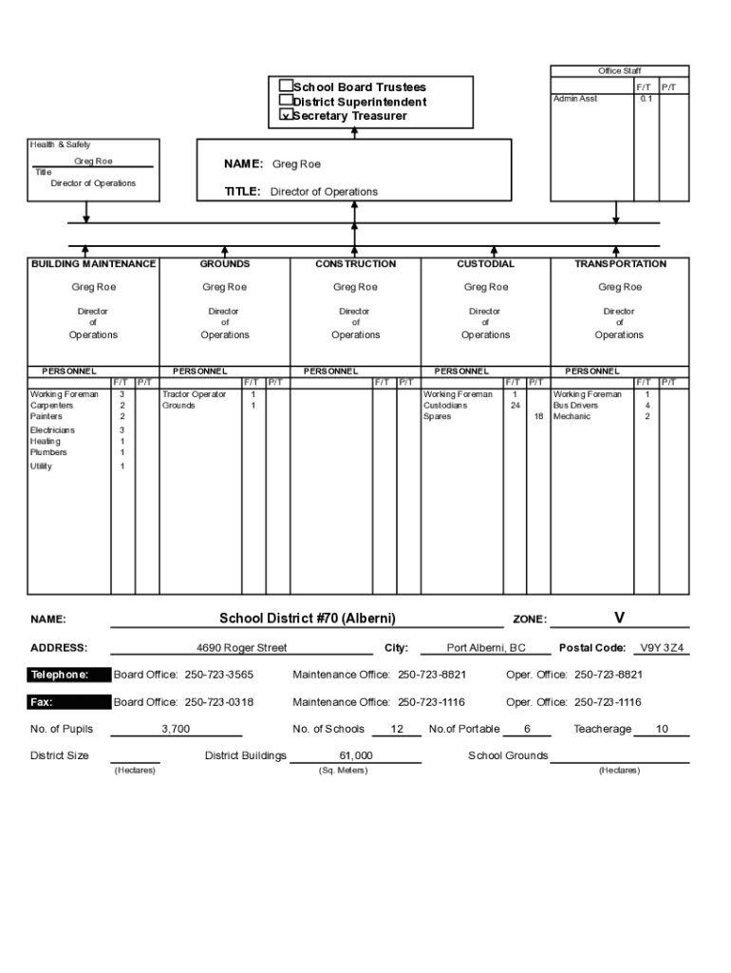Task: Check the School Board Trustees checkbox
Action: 285,86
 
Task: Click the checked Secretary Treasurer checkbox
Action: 285,115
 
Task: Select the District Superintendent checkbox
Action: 285,101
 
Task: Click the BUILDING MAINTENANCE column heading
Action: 93,264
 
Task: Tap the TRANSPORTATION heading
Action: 620,264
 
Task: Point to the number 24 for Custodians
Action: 515,406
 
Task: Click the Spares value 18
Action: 538,417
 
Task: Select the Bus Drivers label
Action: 575,406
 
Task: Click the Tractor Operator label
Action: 194,394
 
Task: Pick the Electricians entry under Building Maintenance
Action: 52,430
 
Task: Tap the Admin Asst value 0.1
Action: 646,99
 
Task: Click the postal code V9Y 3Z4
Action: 662,648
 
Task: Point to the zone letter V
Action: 619,618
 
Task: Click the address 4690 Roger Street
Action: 241,648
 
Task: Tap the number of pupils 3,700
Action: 176,730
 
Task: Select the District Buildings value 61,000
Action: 355,756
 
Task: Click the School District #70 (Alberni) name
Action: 307,619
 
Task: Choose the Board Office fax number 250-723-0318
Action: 219,703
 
